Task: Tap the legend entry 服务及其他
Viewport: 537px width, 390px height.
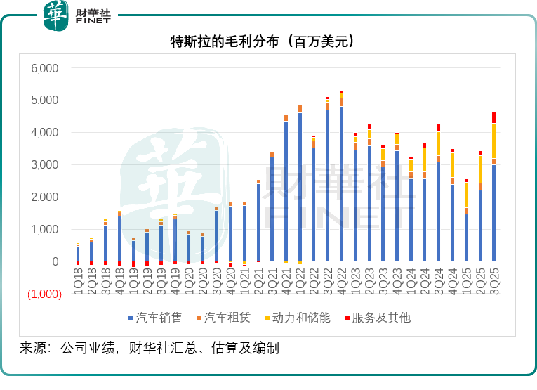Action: click(381, 318)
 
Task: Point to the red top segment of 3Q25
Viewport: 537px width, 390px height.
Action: click(494, 117)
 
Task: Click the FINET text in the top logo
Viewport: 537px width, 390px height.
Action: click(93, 22)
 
